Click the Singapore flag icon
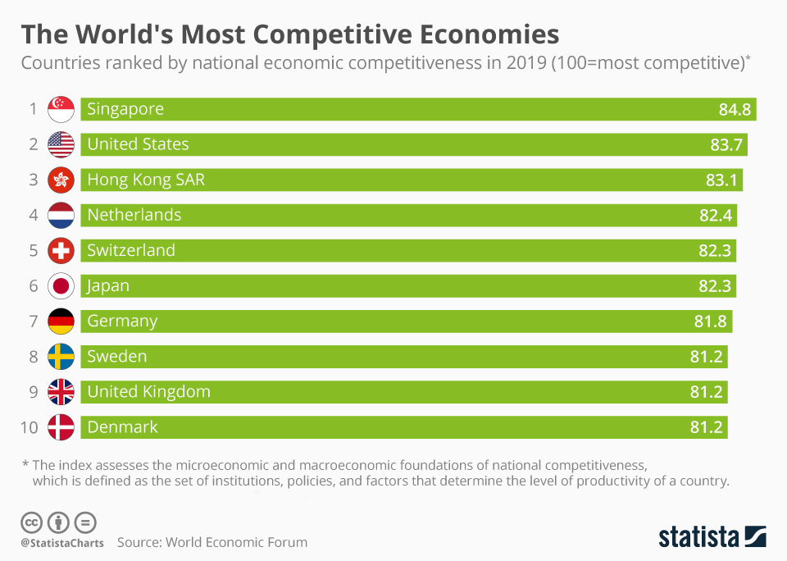click(x=61, y=109)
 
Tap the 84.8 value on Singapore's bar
click(x=735, y=109)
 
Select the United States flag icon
click(x=61, y=144)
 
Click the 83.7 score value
click(x=726, y=144)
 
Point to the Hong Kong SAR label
click(x=146, y=180)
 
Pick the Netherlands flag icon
click(x=61, y=216)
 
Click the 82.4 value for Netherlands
click(x=716, y=216)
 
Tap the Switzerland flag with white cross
click(x=61, y=251)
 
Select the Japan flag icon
click(x=61, y=286)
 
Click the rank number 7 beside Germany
click(x=34, y=322)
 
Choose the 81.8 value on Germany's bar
click(x=710, y=322)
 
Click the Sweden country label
click(x=117, y=357)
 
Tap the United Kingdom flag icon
click(x=61, y=392)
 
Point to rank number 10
click(x=30, y=427)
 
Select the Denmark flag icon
click(x=61, y=427)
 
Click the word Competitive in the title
click(x=331, y=35)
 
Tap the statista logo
click(x=712, y=536)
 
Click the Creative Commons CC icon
click(x=31, y=522)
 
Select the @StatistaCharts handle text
click(x=62, y=544)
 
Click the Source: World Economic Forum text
click(x=212, y=542)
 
